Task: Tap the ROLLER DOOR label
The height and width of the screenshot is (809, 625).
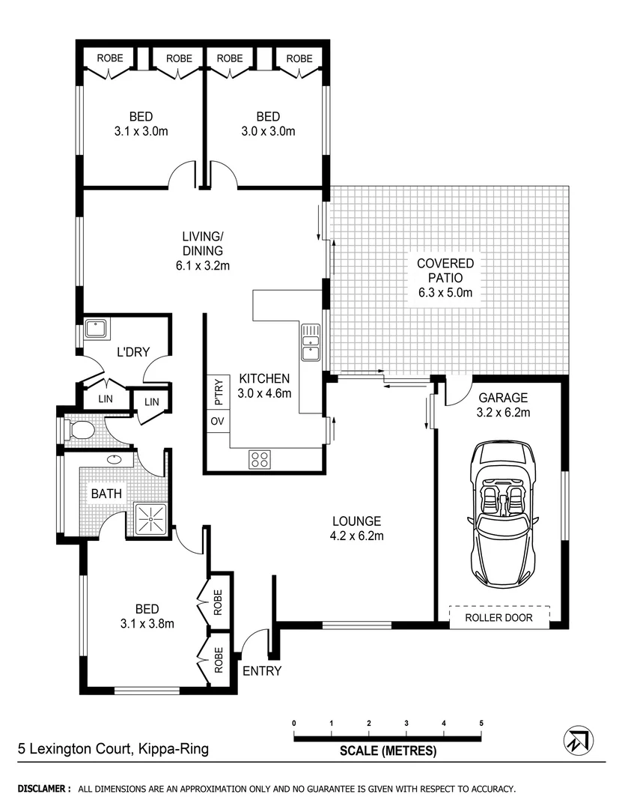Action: click(x=499, y=618)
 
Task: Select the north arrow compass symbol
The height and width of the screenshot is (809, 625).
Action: click(x=579, y=741)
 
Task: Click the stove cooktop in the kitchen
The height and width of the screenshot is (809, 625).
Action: click(x=260, y=460)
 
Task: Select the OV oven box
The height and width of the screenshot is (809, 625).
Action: click(x=217, y=422)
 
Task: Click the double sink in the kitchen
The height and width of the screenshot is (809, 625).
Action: click(x=311, y=342)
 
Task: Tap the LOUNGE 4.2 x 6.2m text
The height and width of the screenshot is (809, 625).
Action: click(x=358, y=528)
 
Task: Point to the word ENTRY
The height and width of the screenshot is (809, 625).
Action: click(x=262, y=670)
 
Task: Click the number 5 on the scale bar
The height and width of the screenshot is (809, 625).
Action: click(x=481, y=723)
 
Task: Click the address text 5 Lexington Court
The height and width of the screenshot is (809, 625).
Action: click(x=113, y=748)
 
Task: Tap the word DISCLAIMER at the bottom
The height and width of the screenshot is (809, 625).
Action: click(x=43, y=789)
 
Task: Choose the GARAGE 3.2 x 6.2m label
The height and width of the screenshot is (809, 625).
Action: click(x=504, y=405)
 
